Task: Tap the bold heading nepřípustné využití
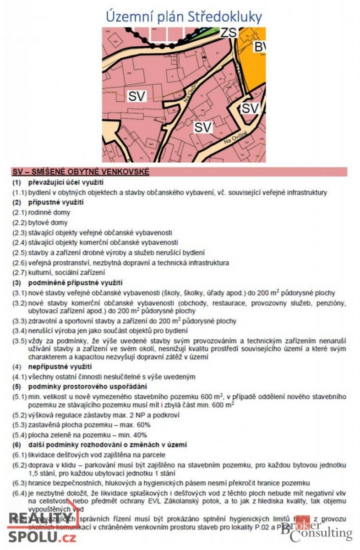60,367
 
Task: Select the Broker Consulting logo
316,530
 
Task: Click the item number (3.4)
20,330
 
